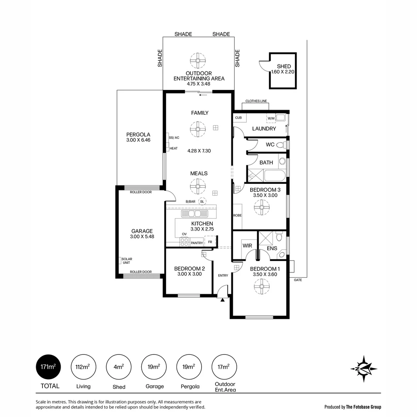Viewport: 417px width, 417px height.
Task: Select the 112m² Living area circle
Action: (x=83, y=367)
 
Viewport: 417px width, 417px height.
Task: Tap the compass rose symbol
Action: (x=363, y=369)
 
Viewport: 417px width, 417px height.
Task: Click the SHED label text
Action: (x=284, y=66)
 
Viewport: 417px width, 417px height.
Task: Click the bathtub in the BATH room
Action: (x=275, y=176)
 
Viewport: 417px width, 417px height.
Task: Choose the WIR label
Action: (x=247, y=246)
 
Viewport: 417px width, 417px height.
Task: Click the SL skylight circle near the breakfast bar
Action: (x=202, y=201)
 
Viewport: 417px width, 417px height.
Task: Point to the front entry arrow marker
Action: (x=222, y=299)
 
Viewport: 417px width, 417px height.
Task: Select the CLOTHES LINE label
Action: (x=256, y=101)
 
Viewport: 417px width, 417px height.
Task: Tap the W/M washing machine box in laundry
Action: (x=271, y=118)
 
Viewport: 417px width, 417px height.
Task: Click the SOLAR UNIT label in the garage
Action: (x=126, y=261)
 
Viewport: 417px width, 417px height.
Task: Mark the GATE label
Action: (x=298, y=280)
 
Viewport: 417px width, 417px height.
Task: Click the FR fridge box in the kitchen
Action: (x=210, y=242)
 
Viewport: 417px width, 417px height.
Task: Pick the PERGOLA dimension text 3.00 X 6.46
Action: (x=138, y=140)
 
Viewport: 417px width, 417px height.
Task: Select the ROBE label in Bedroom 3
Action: (x=237, y=215)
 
